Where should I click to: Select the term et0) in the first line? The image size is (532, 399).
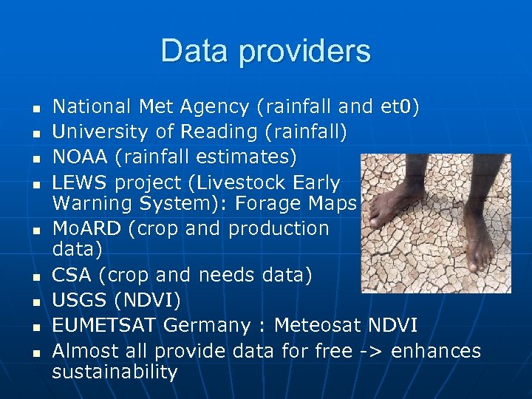400,108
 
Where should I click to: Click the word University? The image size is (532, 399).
93,132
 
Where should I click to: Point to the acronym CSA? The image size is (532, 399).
72,275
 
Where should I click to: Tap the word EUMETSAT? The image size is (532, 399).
104,324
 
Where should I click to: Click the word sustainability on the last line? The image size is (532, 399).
115,372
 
